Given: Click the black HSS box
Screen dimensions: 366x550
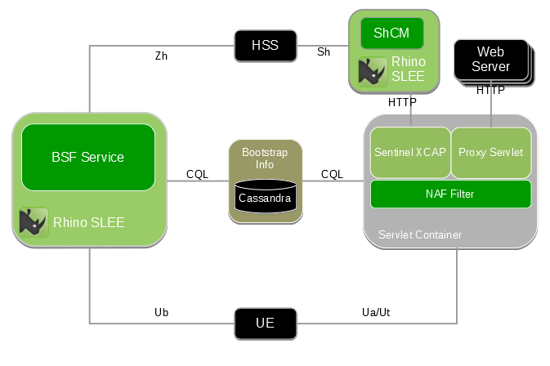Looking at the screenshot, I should pos(265,46).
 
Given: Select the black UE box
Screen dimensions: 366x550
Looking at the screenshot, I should pos(265,324).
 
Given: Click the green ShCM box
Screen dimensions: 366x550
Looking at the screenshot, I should pos(391,33).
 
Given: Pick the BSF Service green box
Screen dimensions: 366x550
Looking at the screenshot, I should pos(87,157).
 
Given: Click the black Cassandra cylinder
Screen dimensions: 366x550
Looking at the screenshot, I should pos(265,197).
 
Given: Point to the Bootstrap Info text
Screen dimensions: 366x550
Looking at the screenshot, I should pos(265,158).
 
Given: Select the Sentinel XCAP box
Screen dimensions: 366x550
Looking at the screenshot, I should pos(410,153).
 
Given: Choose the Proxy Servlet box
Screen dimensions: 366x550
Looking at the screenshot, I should pos(491,153).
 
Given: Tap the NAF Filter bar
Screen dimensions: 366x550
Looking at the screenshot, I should pos(450,194).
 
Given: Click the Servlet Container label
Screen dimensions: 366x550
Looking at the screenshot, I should pos(419,235).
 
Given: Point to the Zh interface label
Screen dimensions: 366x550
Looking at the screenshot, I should pos(161,56).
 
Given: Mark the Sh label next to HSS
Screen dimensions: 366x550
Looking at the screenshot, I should pos(324,51).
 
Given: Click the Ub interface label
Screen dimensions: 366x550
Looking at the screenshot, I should pos(161,312).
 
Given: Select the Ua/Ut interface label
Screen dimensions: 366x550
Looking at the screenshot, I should pos(377,312).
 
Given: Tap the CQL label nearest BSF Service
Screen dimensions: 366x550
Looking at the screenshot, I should pos(197,174).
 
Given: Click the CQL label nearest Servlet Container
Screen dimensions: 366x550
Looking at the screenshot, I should pos(332,174).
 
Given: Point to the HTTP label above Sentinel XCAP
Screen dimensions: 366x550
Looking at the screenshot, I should pos(402,102).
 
